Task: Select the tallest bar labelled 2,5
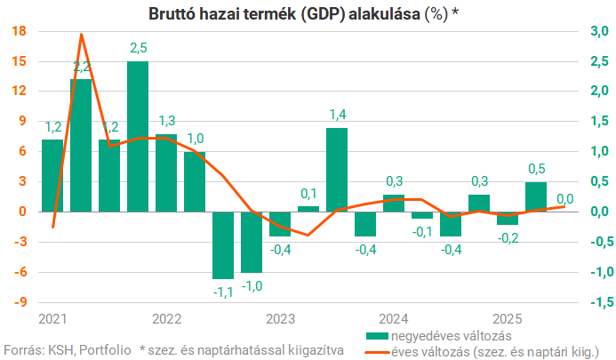(x=138, y=136)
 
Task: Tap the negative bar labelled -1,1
(x=222, y=245)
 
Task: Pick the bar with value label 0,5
(x=535, y=196)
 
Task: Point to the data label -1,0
(x=252, y=284)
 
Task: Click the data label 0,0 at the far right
(x=564, y=198)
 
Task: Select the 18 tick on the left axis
(x=20, y=31)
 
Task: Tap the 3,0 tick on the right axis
(x=596, y=31)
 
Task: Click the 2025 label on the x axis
(x=507, y=318)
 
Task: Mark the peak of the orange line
(x=82, y=35)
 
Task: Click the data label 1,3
(x=166, y=122)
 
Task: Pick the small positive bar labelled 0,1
(x=308, y=209)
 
